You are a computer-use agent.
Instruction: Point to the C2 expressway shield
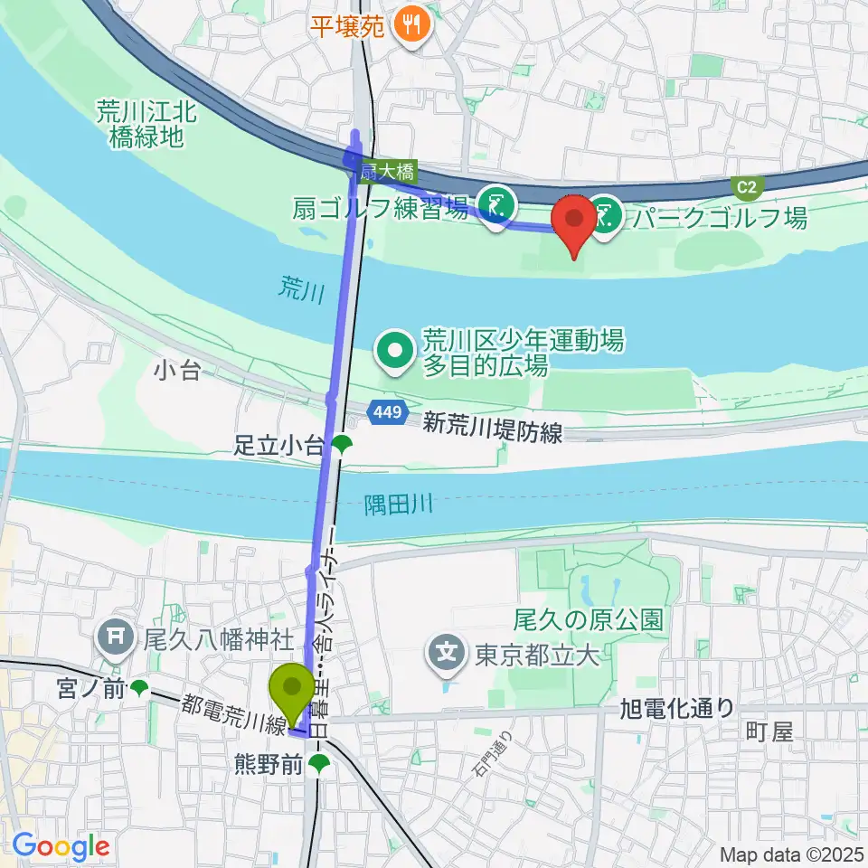tap(747, 187)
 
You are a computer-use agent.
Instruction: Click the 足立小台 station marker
tap(341, 443)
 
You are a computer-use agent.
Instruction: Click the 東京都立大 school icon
tap(448, 652)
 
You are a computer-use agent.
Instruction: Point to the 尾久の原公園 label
tap(589, 620)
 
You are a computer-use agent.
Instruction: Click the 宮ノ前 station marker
tap(139, 689)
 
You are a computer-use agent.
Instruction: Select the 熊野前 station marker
tap(318, 765)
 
